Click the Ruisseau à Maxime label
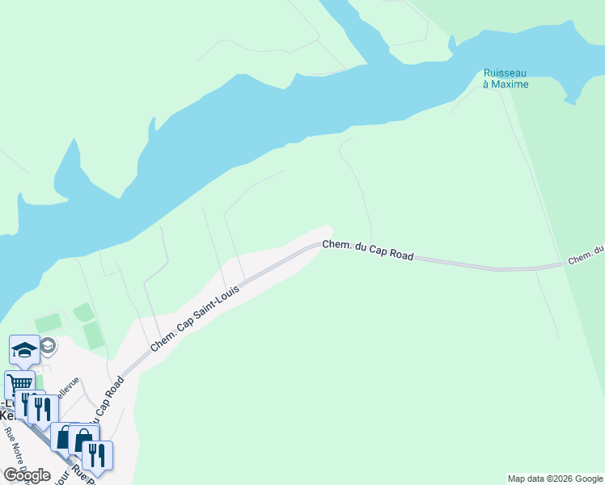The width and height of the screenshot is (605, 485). pyautogui.click(x=506, y=78)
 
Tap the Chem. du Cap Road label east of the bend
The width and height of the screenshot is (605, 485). pyautogui.click(x=368, y=251)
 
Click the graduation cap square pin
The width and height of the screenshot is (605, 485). pyautogui.click(x=24, y=349)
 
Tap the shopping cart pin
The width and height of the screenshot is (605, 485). pyautogui.click(x=19, y=384)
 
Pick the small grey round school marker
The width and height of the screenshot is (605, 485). pyautogui.click(x=48, y=346)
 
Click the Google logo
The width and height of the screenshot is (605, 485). pyautogui.click(x=27, y=474)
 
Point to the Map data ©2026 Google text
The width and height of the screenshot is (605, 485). pyautogui.click(x=555, y=479)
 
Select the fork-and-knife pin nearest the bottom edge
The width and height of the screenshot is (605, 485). pyautogui.click(x=97, y=454)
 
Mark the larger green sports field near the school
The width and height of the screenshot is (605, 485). pyautogui.click(x=94, y=335)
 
